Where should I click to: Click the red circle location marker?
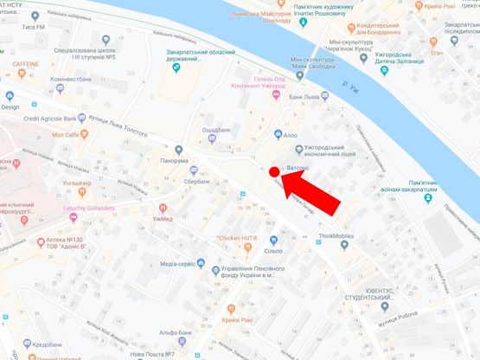tap(274, 172)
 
